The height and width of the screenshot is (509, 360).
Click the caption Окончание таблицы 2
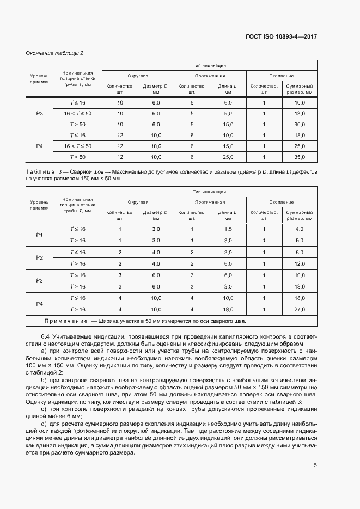click(54, 53)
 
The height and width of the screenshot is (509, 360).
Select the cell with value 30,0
click(300, 124)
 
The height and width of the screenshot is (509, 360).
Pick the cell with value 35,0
click(300, 157)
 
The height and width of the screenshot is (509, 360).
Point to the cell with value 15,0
click(228, 124)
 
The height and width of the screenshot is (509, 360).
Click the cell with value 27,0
click(300, 309)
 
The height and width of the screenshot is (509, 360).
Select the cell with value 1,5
click(228, 229)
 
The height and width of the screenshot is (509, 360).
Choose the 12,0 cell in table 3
click(300, 263)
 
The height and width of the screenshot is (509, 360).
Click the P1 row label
click(39, 235)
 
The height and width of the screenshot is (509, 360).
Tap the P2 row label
click(39, 257)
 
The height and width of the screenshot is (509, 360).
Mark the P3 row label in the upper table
click(39, 113)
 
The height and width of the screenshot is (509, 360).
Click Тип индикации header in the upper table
click(209, 64)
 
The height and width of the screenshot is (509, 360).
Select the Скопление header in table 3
click(281, 202)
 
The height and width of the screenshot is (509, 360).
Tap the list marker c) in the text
click(44, 408)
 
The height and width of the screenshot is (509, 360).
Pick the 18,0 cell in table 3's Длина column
click(228, 309)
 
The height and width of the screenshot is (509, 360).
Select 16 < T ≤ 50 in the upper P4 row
click(77, 146)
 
